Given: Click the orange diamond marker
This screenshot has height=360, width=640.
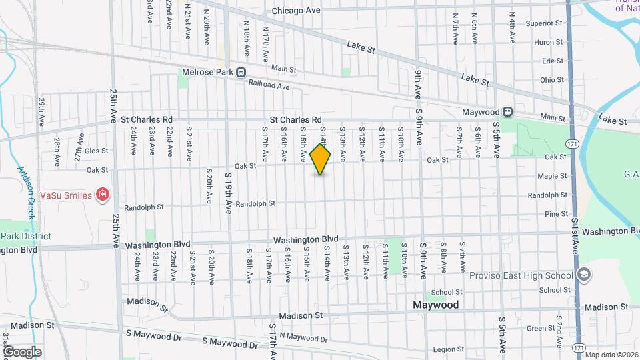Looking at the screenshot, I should (x=321, y=160).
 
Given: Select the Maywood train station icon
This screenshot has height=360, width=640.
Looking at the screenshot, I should (x=508, y=112).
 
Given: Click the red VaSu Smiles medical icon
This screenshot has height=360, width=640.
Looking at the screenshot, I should (x=103, y=195).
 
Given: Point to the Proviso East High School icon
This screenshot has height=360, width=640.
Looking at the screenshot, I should (x=584, y=275).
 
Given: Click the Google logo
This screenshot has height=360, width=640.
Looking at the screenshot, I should (x=21, y=352).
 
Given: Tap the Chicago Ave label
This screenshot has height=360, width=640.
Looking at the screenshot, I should (x=296, y=11).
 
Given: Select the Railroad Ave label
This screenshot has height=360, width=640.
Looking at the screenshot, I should (x=269, y=86).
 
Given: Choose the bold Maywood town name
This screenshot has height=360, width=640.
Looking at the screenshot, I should (x=436, y=305).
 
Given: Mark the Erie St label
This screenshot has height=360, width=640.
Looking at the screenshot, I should (x=553, y=61).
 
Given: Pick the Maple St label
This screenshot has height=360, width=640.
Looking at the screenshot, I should (x=552, y=176).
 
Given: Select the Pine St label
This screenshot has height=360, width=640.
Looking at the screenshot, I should (x=556, y=214).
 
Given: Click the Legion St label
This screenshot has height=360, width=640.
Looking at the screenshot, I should (x=447, y=349).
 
